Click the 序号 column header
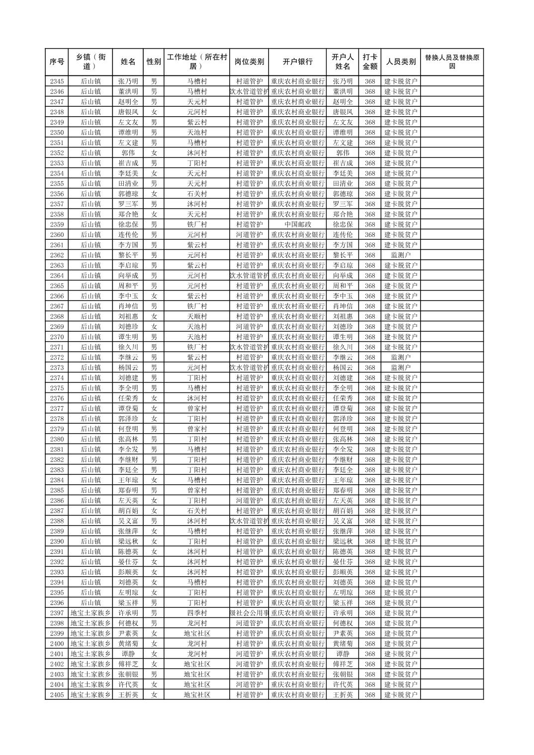[57, 62]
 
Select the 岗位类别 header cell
[249, 62]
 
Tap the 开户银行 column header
[297, 62]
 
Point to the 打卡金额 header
[369, 62]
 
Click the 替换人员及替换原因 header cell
[451, 62]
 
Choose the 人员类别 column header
[401, 62]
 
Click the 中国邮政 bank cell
[297, 225]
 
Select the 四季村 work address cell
[197, 613]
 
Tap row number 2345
[57, 81]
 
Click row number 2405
[57, 695]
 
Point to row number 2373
[57, 368]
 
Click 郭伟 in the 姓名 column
[128, 153]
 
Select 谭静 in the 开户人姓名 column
[343, 654]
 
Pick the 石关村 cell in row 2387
[197, 511]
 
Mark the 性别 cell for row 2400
[154, 644]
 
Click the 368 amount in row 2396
[369, 603]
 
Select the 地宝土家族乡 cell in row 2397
[90, 613]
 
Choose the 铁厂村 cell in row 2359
[197, 225]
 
